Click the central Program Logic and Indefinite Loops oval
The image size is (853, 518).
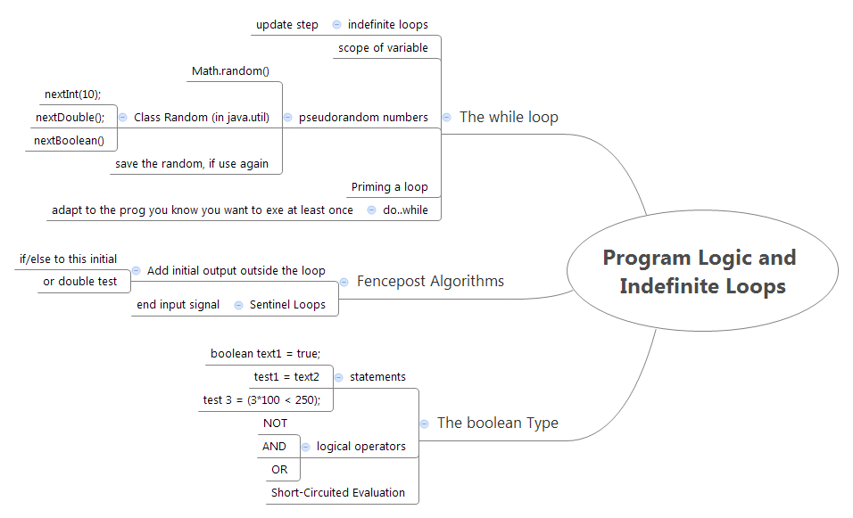(x=701, y=272)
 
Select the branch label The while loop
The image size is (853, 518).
(x=509, y=117)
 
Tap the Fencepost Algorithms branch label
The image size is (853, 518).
(x=430, y=281)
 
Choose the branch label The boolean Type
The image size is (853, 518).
(x=497, y=423)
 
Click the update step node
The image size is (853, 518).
(x=286, y=25)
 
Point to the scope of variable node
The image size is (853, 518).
(x=383, y=48)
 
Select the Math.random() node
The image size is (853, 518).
(x=230, y=70)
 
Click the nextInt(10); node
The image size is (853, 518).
(x=72, y=94)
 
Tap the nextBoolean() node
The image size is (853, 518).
(x=69, y=140)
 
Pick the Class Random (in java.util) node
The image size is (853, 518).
(x=201, y=117)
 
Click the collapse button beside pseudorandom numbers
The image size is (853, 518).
(x=287, y=117)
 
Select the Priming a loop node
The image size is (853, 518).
(x=389, y=187)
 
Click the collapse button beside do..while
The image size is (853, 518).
(x=371, y=210)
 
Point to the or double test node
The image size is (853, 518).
(x=79, y=282)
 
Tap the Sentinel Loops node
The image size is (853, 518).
(x=287, y=305)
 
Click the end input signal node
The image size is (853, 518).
(x=178, y=305)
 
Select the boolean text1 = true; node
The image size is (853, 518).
(x=265, y=353)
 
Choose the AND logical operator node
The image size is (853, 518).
(x=274, y=446)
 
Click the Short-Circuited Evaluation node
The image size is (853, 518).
(x=337, y=492)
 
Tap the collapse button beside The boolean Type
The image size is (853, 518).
(x=425, y=423)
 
